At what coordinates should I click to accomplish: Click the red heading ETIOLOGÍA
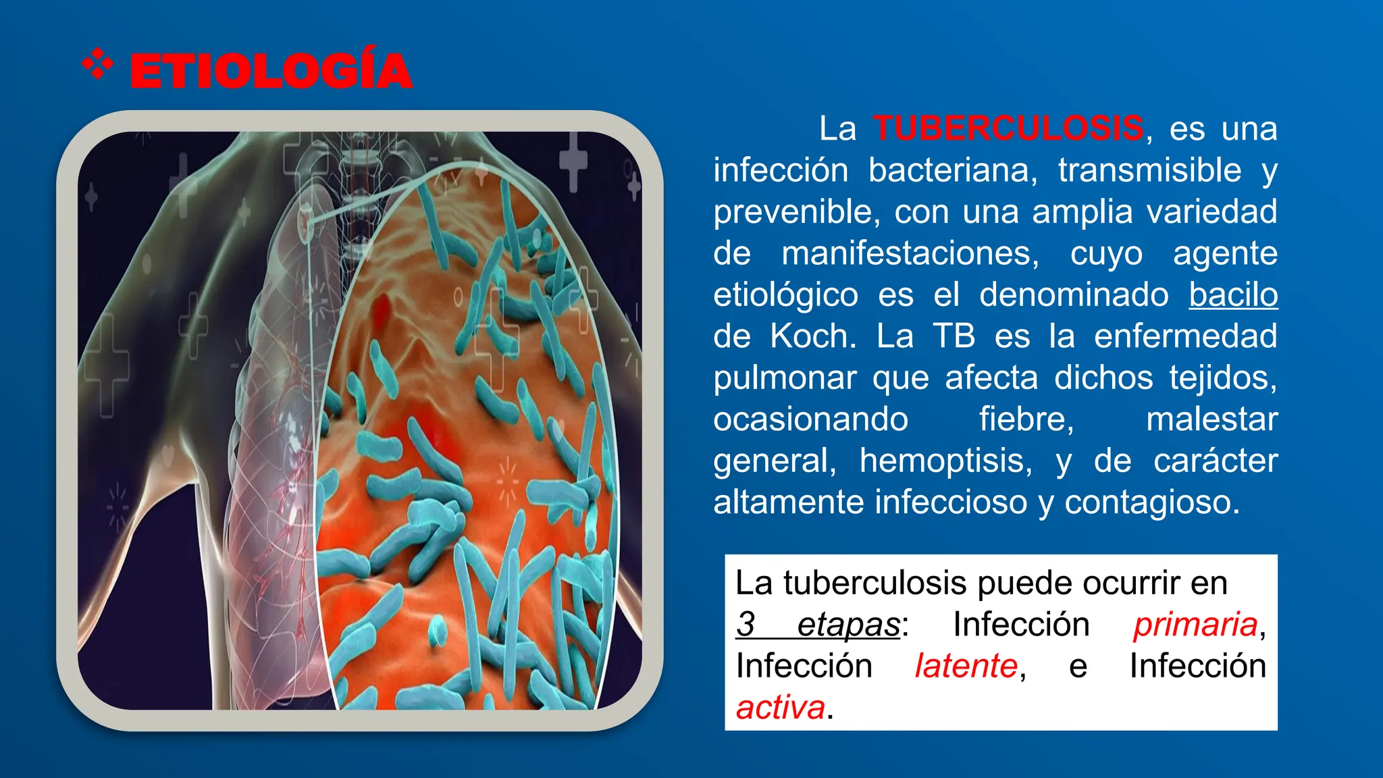pyautogui.click(x=271, y=71)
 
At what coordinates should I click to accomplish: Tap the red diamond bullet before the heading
pyautogui.click(x=97, y=64)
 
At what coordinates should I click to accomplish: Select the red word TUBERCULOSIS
pyautogui.click(x=1008, y=128)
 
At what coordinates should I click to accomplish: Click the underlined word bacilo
pyautogui.click(x=1233, y=295)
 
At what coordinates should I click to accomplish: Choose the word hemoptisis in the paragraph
pyautogui.click(x=945, y=461)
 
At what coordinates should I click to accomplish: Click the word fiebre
pyautogui.click(x=1026, y=419)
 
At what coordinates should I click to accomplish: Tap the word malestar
pyautogui.click(x=1211, y=419)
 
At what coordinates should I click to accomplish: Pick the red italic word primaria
pyautogui.click(x=1195, y=625)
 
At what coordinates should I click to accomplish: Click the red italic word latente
pyautogui.click(x=966, y=667)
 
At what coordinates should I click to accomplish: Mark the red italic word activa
pyautogui.click(x=781, y=708)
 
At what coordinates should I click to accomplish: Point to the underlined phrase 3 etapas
pyautogui.click(x=818, y=625)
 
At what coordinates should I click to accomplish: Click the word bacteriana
pyautogui.click(x=952, y=170)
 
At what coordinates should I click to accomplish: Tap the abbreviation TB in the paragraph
pyautogui.click(x=954, y=336)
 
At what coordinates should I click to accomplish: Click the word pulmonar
pyautogui.click(x=785, y=378)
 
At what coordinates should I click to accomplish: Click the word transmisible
pyautogui.click(x=1149, y=170)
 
